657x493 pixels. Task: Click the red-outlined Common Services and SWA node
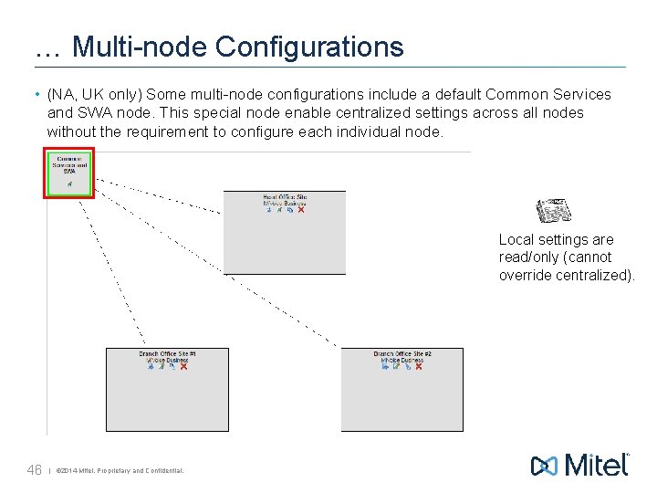69,174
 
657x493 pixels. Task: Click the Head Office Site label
286,196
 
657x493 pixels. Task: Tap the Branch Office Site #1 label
168,353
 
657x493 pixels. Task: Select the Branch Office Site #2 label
402,353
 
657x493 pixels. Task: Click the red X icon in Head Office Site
301,210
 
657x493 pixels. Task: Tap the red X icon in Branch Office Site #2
418,367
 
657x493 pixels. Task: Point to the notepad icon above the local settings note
552,211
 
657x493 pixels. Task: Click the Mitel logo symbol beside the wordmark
545,466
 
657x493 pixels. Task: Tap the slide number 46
35,470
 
